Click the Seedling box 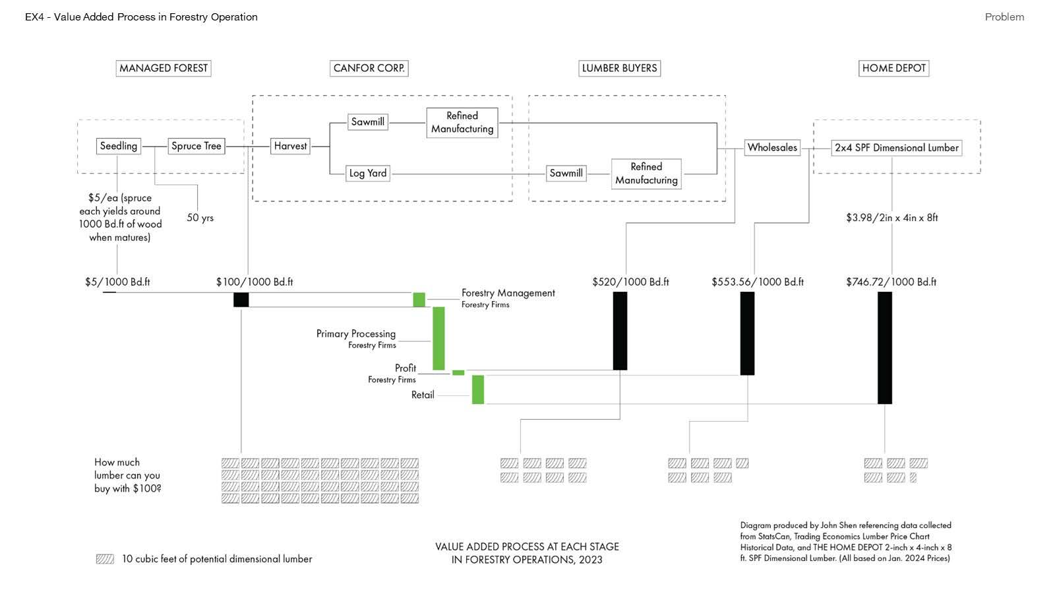(x=119, y=146)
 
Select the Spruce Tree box (x=196, y=146)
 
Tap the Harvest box (x=290, y=146)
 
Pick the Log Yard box (x=368, y=174)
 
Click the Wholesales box (x=772, y=148)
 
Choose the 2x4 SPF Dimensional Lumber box (x=897, y=148)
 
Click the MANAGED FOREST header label (x=164, y=69)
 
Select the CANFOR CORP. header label (x=369, y=69)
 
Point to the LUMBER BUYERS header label (x=619, y=69)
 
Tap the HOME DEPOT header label (x=894, y=69)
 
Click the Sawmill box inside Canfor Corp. (x=368, y=122)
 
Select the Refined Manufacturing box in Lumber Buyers (x=646, y=174)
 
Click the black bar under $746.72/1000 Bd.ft (x=885, y=348)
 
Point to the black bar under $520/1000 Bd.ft (x=620, y=331)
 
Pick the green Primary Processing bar (x=438, y=339)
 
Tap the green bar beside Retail (x=478, y=389)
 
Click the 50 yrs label (x=200, y=218)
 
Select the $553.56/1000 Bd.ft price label (x=758, y=282)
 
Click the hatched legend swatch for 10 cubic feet (x=105, y=559)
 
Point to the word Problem (x=1005, y=17)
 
